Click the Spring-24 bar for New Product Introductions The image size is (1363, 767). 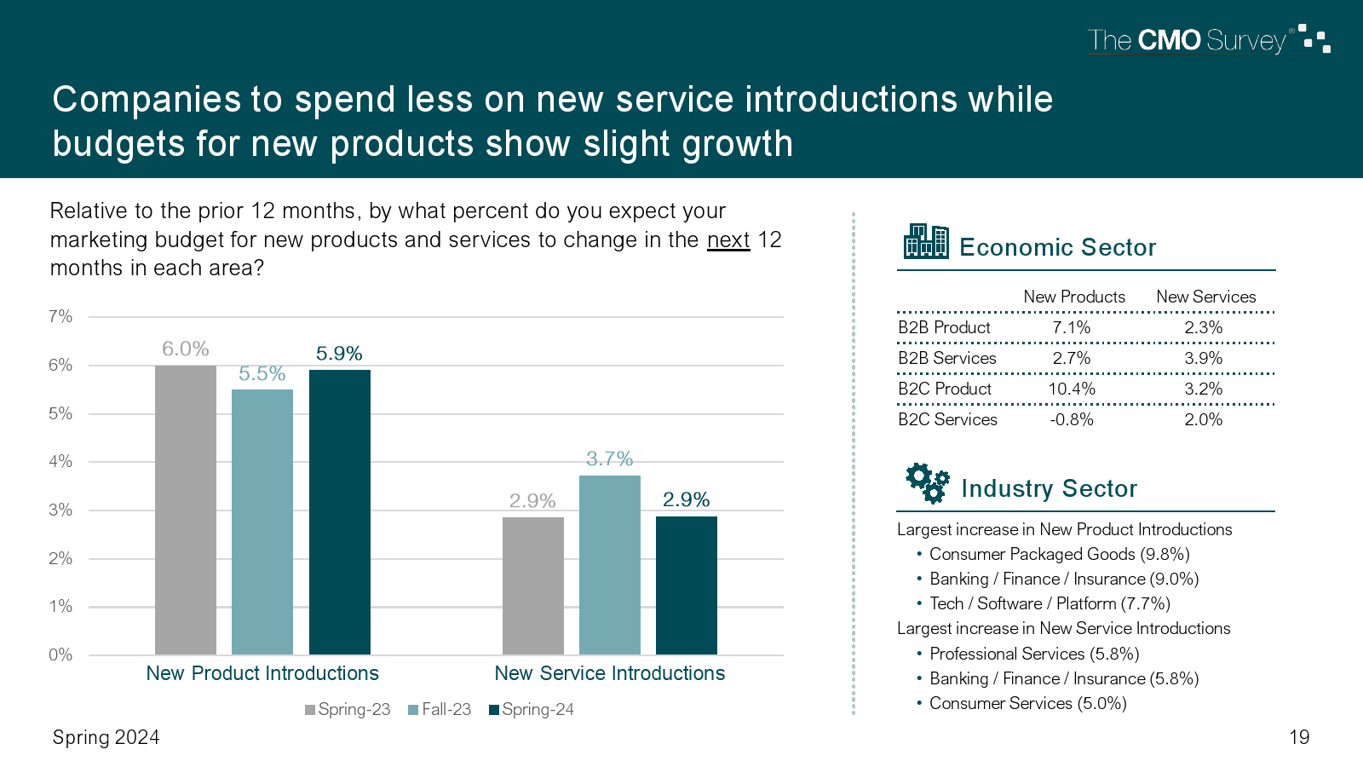pyautogui.click(x=339, y=511)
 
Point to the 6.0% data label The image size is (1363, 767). pyautogui.click(x=185, y=349)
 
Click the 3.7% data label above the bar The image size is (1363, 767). pyautogui.click(x=609, y=458)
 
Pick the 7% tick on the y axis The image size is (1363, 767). pyautogui.click(x=60, y=317)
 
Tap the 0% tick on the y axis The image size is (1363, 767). pyautogui.click(x=60, y=655)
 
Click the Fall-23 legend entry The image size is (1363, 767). pyautogui.click(x=440, y=709)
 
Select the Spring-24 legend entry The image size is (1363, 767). pyautogui.click(x=532, y=709)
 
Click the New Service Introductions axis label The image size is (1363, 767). pyautogui.click(x=609, y=673)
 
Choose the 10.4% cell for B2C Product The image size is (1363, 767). pyautogui.click(x=1071, y=389)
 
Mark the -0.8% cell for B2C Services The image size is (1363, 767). pyautogui.click(x=1071, y=419)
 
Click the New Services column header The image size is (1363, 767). pyautogui.click(x=1205, y=297)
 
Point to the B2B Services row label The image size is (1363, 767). pyautogui.click(x=946, y=358)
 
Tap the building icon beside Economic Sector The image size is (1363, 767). pyautogui.click(x=926, y=241)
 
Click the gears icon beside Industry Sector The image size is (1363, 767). pyautogui.click(x=927, y=482)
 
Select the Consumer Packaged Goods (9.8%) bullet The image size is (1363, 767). pyautogui.click(x=1059, y=554)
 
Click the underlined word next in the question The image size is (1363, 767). pyautogui.click(x=728, y=239)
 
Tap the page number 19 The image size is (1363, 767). pyautogui.click(x=1299, y=737)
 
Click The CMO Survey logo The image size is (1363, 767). pyautogui.click(x=1208, y=40)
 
